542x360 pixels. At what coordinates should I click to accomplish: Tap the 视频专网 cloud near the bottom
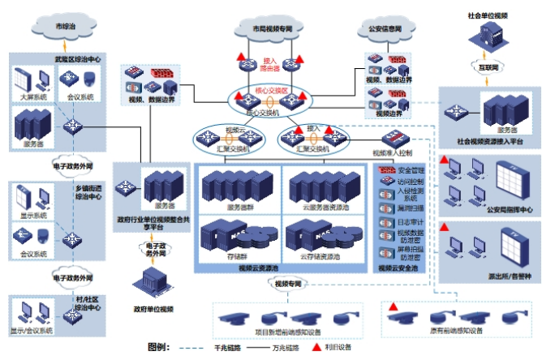tap(288, 285)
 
